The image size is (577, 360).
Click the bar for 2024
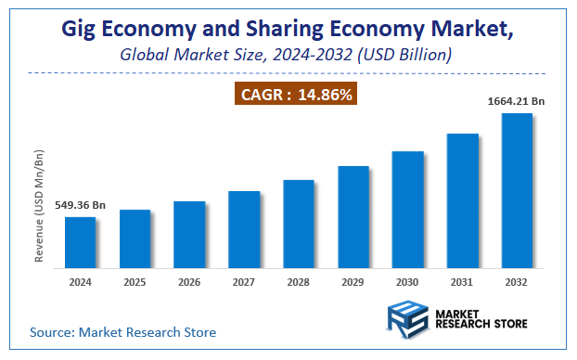[x=80, y=244]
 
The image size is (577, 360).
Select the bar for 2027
[x=244, y=231]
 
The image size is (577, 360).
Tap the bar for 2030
[x=408, y=211]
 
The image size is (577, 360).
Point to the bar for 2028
[x=299, y=225]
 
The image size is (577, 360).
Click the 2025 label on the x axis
[x=135, y=282]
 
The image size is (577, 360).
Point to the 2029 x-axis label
[x=353, y=282]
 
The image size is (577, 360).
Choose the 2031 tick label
[x=463, y=282]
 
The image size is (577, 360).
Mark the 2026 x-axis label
[x=189, y=282]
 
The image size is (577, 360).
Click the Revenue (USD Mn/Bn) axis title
[x=40, y=206]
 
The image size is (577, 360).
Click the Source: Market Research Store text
[x=122, y=331]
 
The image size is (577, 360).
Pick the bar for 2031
[x=463, y=202]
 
